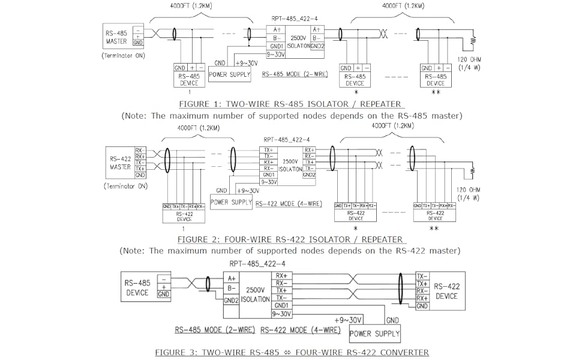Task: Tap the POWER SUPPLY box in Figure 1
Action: (x=230, y=75)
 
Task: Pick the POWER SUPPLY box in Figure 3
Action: (x=374, y=333)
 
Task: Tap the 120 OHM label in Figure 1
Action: (x=470, y=60)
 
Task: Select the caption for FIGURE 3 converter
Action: (x=292, y=352)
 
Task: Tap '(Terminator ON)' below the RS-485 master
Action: (x=124, y=56)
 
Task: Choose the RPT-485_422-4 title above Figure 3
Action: (x=257, y=264)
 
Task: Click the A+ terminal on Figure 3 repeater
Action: (x=232, y=278)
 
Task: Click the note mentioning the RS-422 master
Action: (x=290, y=250)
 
